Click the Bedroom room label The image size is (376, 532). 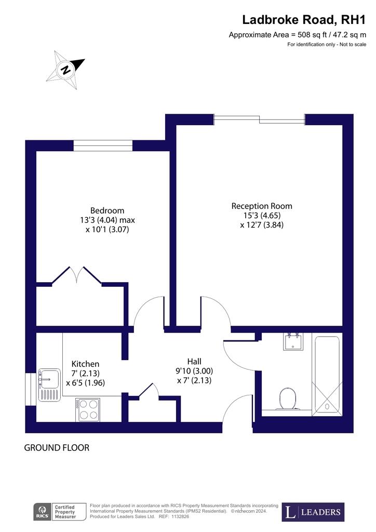107,210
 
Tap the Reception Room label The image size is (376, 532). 262,206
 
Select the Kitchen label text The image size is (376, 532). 86,364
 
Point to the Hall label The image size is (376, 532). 194,362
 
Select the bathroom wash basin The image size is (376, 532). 293,342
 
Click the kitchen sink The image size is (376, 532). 49,385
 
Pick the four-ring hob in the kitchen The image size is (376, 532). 88,409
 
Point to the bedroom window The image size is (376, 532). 103,145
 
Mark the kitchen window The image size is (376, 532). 31,389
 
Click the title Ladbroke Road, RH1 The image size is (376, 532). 304,20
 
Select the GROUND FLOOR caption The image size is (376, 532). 57,448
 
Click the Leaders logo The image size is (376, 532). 313,512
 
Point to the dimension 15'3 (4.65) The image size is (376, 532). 262,216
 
